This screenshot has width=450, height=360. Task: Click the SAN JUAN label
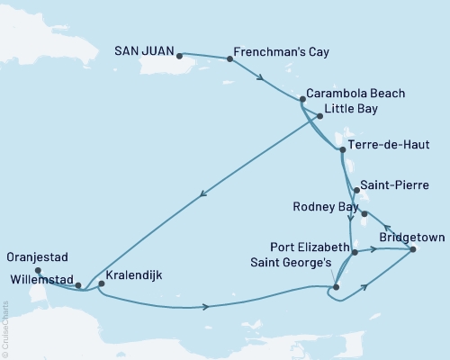point(145,52)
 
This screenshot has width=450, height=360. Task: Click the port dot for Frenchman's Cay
point(230,59)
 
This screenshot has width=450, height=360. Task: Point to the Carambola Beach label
point(355,93)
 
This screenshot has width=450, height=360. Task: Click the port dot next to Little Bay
point(319,115)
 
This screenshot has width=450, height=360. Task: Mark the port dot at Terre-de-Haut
point(341,150)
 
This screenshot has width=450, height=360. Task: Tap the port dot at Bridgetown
point(413,249)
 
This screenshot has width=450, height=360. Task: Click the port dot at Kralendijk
point(101,284)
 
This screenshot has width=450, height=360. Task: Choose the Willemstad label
point(38,278)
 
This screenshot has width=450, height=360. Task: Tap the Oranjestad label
point(38,256)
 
